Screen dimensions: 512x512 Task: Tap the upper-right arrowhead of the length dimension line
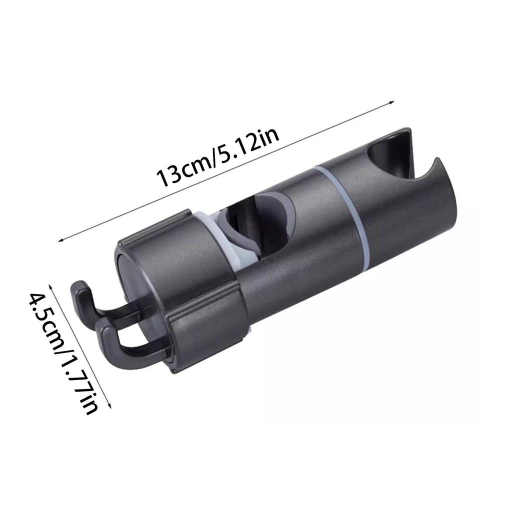click(392, 103)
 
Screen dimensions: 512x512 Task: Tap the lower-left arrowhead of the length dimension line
click(60, 240)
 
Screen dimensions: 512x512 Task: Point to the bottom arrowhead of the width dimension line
click(110, 405)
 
